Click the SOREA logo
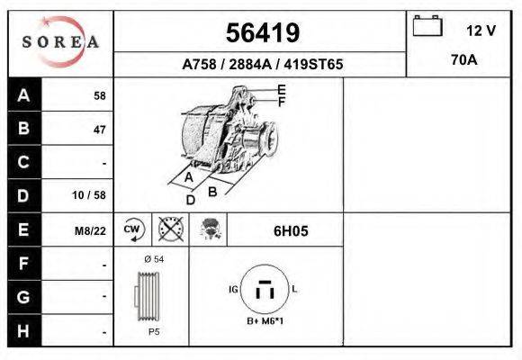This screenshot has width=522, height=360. click(x=60, y=42)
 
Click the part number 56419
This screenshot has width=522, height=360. click(x=262, y=33)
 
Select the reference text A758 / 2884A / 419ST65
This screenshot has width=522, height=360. click(x=262, y=65)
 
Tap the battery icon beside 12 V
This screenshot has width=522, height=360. click(x=426, y=27)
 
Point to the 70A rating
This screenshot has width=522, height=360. click(x=464, y=61)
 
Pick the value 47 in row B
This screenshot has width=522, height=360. click(x=99, y=130)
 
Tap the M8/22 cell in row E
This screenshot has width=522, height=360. click(x=90, y=230)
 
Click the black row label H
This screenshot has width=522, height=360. click(x=24, y=330)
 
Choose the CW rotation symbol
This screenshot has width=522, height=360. click(x=132, y=229)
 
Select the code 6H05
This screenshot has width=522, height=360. click(x=291, y=230)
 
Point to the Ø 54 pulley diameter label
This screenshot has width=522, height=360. click(x=153, y=259)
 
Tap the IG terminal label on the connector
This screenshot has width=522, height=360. click(x=233, y=290)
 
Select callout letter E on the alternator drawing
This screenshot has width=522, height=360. click(x=281, y=89)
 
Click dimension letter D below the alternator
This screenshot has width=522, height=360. click(x=190, y=200)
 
